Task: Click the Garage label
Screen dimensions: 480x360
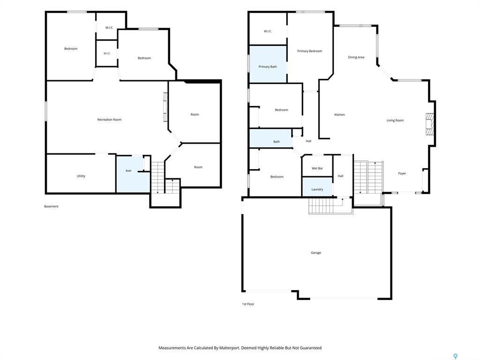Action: pos(315,253)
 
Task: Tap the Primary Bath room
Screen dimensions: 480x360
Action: pos(268,64)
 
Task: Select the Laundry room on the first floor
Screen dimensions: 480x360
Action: pos(317,187)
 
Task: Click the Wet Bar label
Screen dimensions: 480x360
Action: pos(317,168)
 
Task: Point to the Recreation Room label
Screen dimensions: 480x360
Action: pos(109,120)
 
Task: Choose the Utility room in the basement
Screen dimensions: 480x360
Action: pos(81,173)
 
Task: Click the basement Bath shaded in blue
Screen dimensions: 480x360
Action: pos(132,174)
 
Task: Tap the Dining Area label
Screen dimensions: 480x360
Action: pos(356,57)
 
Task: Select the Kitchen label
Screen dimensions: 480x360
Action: pos(339,115)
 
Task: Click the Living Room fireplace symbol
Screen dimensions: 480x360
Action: pos(430,124)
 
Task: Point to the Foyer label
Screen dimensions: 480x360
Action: pos(402,173)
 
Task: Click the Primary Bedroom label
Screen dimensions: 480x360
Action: pos(309,51)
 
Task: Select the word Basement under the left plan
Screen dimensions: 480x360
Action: pos(51,207)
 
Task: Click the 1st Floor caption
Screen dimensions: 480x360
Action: pos(248,304)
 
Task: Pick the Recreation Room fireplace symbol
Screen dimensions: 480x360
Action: pos(165,107)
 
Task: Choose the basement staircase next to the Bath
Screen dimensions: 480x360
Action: pos(158,178)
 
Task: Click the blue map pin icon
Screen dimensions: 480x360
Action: pos(456,356)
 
